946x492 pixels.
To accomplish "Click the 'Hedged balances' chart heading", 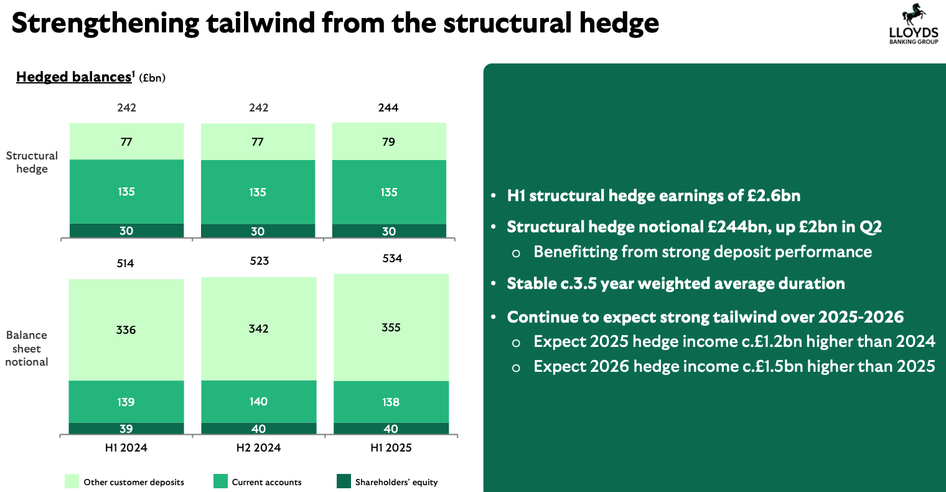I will [x=73, y=77].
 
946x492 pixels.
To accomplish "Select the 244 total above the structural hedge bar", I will [x=389, y=108].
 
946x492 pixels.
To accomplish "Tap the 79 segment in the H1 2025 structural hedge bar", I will [x=389, y=142].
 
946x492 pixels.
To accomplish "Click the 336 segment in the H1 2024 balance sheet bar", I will [x=126, y=329].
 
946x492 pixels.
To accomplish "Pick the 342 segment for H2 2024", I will [x=258, y=328].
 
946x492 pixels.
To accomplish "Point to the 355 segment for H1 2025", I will [x=391, y=328].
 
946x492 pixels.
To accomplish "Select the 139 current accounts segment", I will [x=126, y=402].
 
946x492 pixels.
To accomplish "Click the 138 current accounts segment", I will [x=391, y=402].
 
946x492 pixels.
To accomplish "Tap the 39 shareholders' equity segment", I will [x=126, y=428].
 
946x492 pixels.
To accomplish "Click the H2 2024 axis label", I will [x=258, y=447].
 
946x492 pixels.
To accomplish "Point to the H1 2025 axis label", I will [x=391, y=447].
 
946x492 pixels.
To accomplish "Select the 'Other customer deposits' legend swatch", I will [x=72, y=481].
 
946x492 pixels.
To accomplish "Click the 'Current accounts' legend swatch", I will [x=220, y=481].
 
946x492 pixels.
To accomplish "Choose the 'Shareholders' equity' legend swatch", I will [x=344, y=481].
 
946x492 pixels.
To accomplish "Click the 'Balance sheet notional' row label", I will [x=27, y=348].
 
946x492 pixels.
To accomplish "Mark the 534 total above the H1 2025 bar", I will [x=392, y=258].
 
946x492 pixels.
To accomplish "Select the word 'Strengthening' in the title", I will [x=106, y=23].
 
